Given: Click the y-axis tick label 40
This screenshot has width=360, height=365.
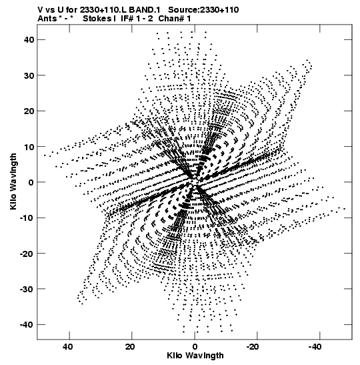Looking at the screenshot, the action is [x=29, y=40].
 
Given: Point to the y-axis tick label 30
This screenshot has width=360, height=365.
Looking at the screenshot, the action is [x=29, y=75].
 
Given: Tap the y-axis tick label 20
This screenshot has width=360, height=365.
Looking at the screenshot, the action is [x=29, y=111].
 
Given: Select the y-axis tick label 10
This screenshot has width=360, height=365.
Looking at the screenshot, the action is [x=29, y=147].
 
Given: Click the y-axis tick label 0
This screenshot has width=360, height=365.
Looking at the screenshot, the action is [x=31, y=182].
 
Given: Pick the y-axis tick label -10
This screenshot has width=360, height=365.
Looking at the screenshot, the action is [x=27, y=218].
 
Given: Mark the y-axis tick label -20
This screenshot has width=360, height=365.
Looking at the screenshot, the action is [x=27, y=254].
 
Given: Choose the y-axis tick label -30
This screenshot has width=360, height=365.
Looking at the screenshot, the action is [x=27, y=289].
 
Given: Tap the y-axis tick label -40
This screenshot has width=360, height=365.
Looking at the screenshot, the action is [x=27, y=325].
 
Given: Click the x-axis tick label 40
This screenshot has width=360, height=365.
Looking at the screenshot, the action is [x=68, y=347].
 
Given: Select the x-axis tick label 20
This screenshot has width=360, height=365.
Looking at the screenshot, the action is [x=130, y=347].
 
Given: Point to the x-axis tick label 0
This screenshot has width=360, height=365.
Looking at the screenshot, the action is [x=195, y=347].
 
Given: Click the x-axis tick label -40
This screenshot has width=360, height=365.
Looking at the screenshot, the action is [x=315, y=347].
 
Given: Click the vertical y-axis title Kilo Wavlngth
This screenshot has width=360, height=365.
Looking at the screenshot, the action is [x=13, y=181].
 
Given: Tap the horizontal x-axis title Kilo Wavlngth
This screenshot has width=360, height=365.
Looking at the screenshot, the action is [x=195, y=356].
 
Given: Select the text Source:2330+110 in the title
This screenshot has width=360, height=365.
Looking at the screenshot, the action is [x=203, y=10].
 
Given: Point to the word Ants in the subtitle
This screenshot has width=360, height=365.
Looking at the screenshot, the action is [x=47, y=19].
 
